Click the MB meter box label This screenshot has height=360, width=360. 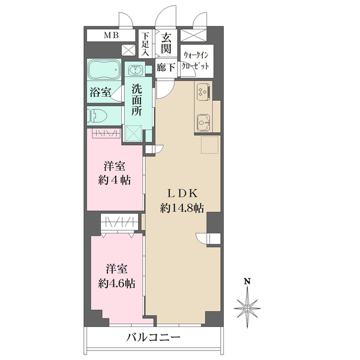(x=112, y=35)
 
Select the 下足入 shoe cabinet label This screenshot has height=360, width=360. (x=145, y=44)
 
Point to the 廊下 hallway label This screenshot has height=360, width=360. (x=166, y=67)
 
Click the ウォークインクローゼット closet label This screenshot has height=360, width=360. (x=196, y=61)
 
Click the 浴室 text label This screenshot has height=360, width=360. (x=100, y=92)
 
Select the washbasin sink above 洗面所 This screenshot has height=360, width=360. (x=136, y=69)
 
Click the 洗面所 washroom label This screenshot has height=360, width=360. (x=137, y=101)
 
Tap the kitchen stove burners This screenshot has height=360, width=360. (x=203, y=91)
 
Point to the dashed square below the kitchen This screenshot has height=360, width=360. (x=210, y=145)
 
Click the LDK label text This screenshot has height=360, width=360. (x=182, y=193)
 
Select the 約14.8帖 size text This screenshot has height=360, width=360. (x=182, y=208)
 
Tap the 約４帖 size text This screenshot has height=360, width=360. (x=115, y=180)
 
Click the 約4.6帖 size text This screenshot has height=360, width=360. (x=117, y=284)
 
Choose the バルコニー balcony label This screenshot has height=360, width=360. (x=154, y=337)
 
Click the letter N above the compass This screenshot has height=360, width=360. (x=247, y=281)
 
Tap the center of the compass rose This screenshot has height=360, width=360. (x=247, y=308)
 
